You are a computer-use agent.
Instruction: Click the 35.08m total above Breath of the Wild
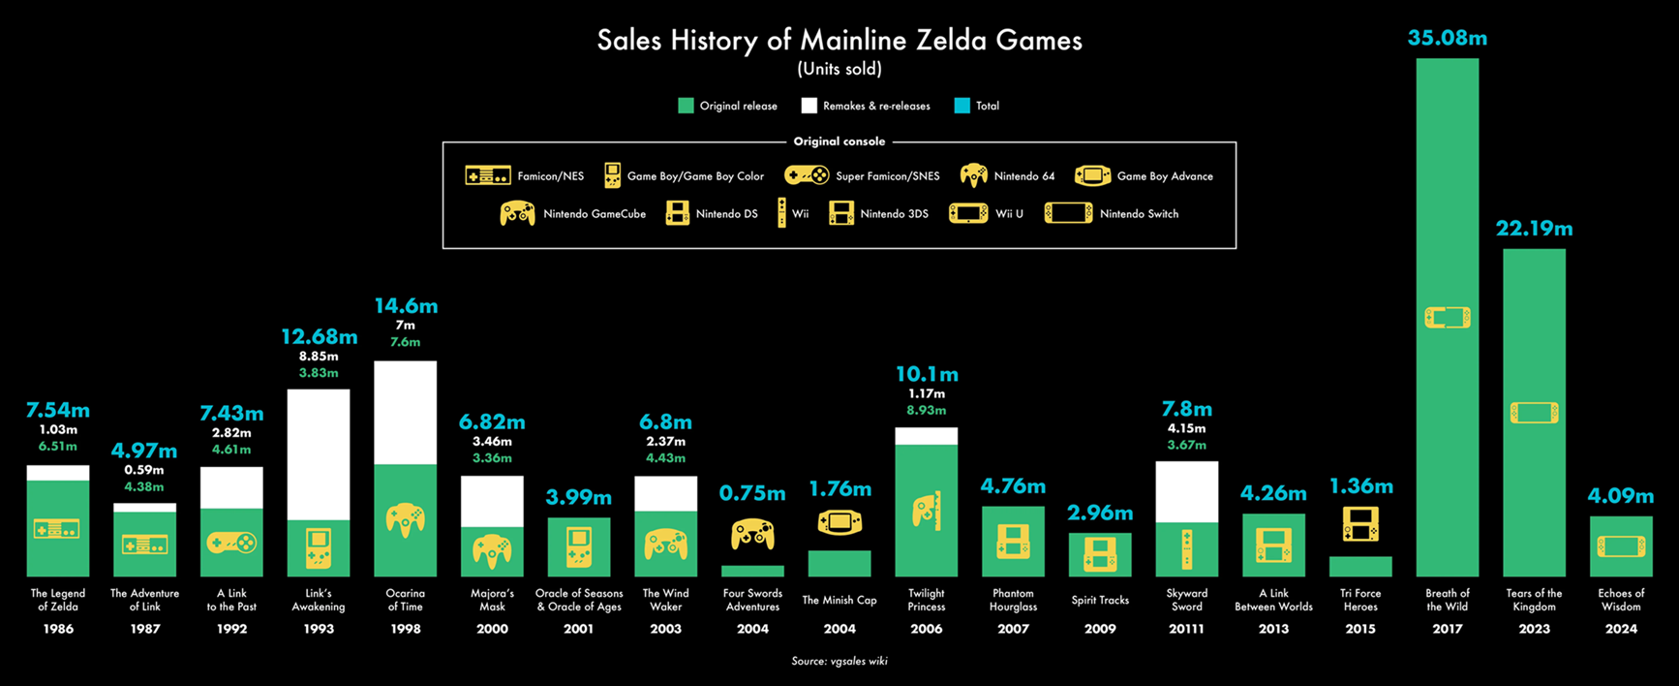(x=1447, y=39)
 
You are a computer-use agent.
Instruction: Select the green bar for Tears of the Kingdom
(x=1534, y=413)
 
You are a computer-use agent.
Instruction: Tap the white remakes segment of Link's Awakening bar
(x=319, y=454)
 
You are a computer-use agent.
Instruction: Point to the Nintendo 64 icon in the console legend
(x=973, y=175)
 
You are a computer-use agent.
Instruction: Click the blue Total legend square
(x=962, y=106)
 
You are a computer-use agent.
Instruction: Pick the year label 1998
(x=405, y=629)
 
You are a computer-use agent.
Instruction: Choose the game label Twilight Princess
(x=927, y=600)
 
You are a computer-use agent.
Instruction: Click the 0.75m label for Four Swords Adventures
(x=752, y=494)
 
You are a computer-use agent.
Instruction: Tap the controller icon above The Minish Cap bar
(x=839, y=523)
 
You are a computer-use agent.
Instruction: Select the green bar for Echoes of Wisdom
(x=1621, y=546)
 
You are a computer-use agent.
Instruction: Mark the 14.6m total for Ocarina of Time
(x=406, y=306)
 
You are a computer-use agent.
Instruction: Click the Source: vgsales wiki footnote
(x=839, y=661)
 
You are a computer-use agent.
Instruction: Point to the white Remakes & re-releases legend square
(x=809, y=106)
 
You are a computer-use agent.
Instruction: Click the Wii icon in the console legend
(x=781, y=213)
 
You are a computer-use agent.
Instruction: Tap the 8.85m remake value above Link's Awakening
(x=319, y=356)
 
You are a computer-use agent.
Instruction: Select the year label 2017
(x=1447, y=629)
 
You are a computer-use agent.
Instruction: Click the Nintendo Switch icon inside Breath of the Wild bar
(x=1448, y=317)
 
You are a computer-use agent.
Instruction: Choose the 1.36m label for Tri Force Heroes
(x=1360, y=486)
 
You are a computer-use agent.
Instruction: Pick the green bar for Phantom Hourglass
(x=1013, y=542)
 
